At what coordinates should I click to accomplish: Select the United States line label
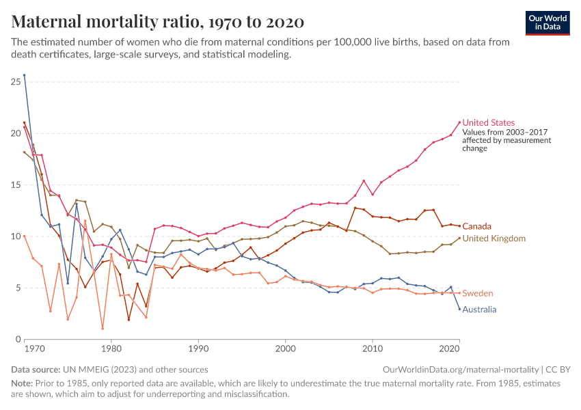[489, 123]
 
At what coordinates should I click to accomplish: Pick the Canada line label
[476, 226]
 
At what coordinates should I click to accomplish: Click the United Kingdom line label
[494, 238]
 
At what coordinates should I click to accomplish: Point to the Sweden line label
[478, 293]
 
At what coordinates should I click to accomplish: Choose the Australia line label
[479, 309]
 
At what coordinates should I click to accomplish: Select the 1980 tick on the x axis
[111, 348]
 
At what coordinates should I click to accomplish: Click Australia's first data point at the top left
[25, 75]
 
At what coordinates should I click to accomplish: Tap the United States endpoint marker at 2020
[459, 122]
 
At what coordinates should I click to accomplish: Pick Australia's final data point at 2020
[459, 309]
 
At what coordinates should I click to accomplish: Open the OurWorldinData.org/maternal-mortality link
[461, 369]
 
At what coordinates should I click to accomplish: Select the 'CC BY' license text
[557, 369]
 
